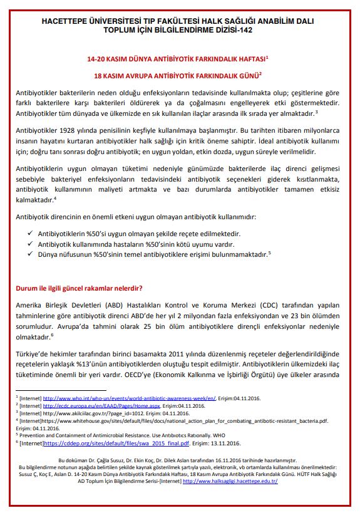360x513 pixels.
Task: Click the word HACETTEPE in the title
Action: click(66, 21)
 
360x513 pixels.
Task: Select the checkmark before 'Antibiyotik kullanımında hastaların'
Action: click(31, 243)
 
